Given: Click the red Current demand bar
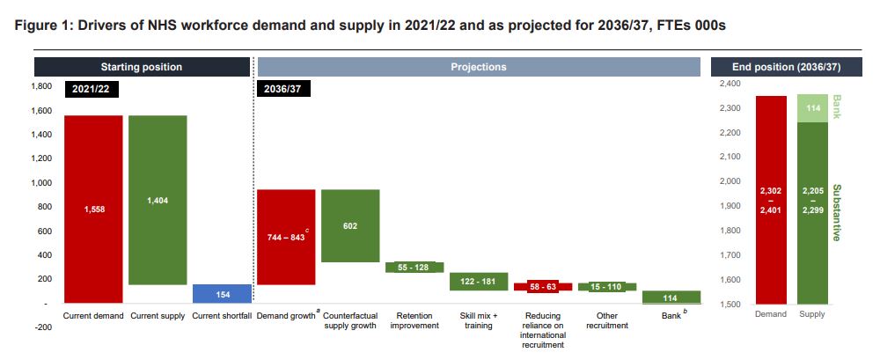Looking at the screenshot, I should (x=92, y=209).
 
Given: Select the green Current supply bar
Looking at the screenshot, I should (x=158, y=200).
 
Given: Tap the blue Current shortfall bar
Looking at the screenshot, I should (x=222, y=293).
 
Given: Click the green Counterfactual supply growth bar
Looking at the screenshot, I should (x=350, y=225).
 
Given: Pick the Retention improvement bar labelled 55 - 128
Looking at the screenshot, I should (x=414, y=267).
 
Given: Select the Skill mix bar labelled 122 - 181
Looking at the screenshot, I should (x=479, y=281).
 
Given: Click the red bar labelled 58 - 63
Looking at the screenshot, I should (x=543, y=287).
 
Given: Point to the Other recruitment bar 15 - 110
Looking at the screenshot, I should (x=607, y=287).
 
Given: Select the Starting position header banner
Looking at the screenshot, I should (x=142, y=67).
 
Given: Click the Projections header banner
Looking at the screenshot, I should (x=478, y=67).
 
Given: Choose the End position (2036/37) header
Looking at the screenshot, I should (x=786, y=67).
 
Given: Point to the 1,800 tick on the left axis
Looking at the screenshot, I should (x=40, y=86).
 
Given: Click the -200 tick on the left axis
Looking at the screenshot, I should (x=42, y=327).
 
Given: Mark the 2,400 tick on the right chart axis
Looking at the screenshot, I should (x=731, y=84).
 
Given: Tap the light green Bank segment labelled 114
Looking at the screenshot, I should (x=813, y=107).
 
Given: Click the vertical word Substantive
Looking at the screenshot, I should (x=835, y=213).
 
